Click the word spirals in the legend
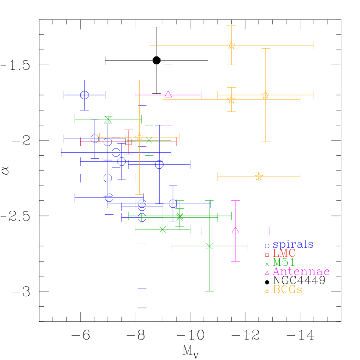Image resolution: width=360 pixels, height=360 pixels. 293,245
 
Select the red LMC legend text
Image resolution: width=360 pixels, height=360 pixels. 284,254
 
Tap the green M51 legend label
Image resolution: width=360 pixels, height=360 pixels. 284,263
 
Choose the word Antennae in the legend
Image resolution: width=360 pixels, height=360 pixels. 301,272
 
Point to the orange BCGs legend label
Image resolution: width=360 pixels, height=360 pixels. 288,290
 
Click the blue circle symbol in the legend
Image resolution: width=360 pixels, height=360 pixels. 267,246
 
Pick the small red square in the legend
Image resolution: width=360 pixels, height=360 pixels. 267,255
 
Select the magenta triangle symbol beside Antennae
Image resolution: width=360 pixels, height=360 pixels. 267,273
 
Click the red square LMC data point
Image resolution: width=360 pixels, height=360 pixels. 128,142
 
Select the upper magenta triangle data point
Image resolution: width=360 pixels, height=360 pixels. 168,95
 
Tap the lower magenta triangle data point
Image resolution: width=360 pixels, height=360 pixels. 236,230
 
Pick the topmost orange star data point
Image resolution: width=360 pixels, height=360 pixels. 231,45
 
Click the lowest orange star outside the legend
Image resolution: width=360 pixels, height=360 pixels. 259,177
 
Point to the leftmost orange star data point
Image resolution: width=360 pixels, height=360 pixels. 139,137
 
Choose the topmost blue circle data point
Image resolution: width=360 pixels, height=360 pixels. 85,95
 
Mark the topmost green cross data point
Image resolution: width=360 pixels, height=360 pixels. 108,119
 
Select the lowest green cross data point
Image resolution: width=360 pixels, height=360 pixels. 209,246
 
